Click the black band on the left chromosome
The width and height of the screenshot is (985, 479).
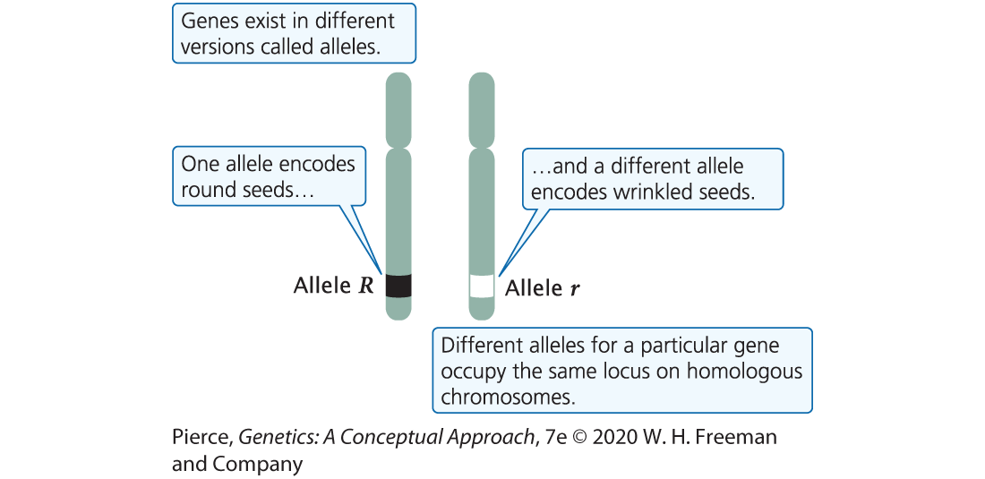tap(398, 286)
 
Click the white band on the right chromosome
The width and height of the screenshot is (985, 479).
tap(483, 287)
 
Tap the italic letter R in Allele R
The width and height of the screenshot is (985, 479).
tap(366, 287)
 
